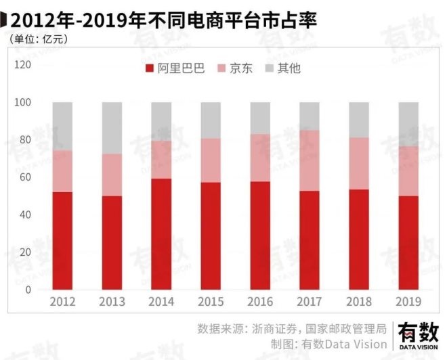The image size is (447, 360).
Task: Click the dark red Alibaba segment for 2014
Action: click(161, 233)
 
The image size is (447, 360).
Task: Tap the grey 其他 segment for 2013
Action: click(112, 128)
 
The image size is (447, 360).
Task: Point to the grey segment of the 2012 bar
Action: click(62, 127)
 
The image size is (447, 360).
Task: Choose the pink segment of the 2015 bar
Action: click(211, 160)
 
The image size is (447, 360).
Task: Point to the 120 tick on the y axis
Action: click(23, 65)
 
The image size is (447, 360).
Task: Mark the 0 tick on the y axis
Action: click(28, 290)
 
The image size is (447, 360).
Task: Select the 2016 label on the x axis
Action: click(260, 301)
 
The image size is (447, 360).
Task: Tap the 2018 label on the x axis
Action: click(359, 301)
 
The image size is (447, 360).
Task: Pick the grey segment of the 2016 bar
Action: click(260, 118)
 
